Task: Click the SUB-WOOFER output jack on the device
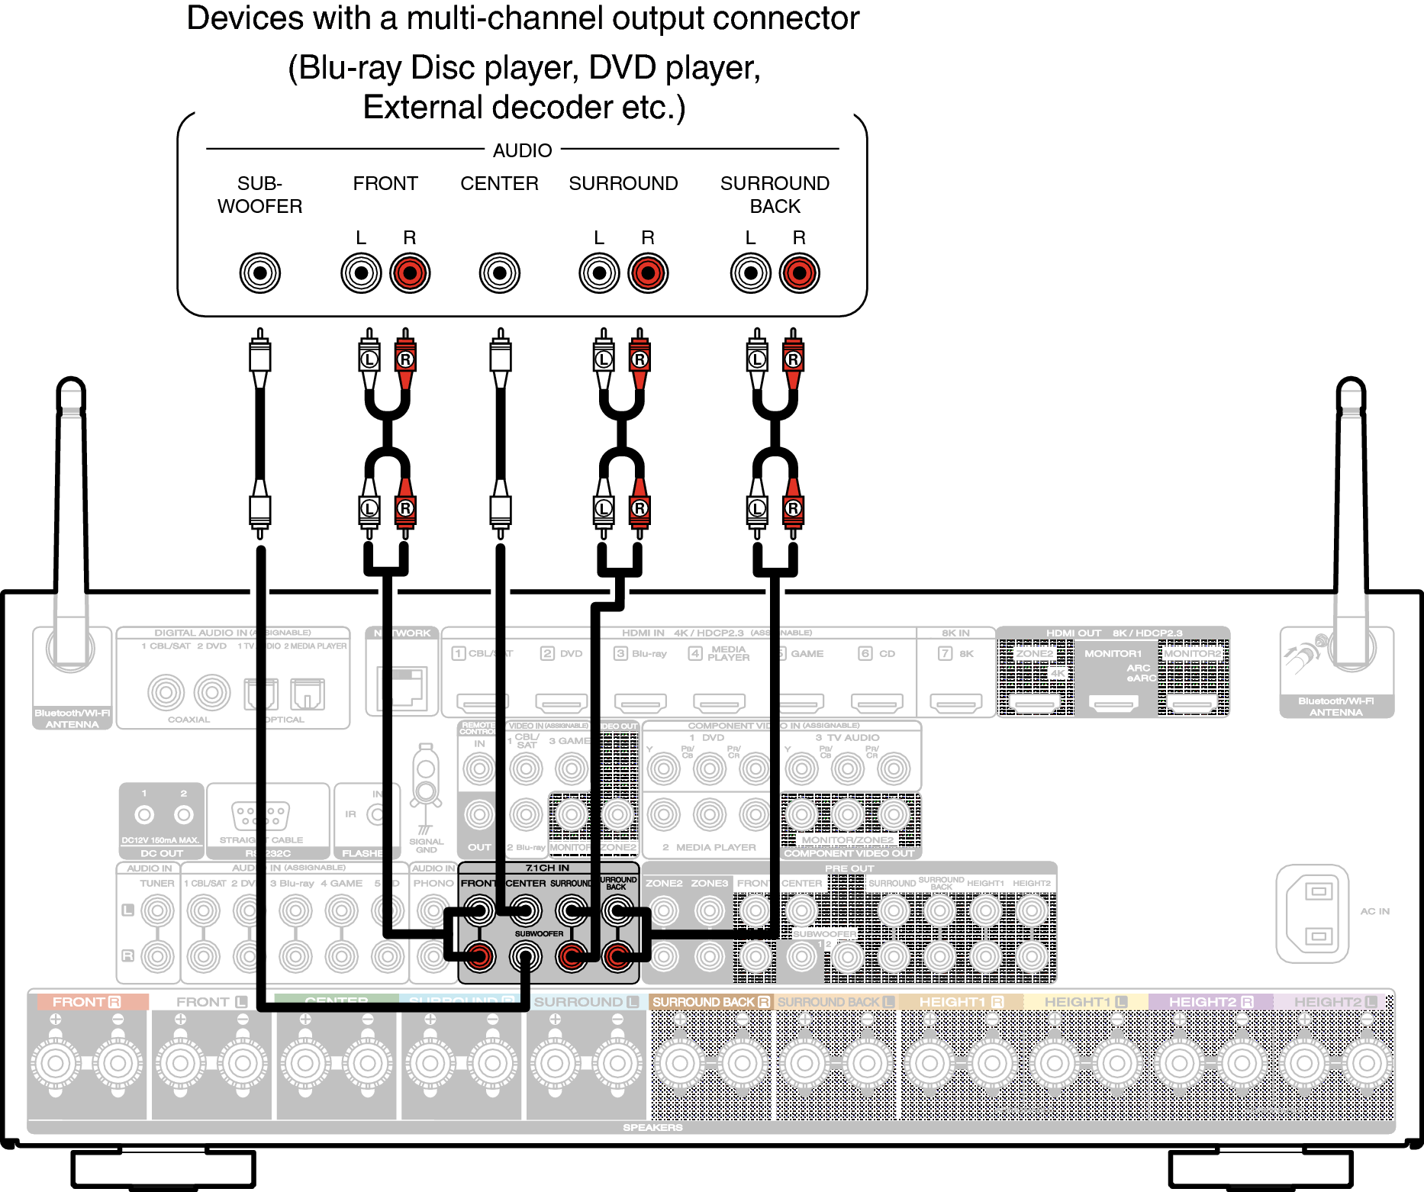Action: tap(260, 272)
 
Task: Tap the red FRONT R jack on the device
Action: tap(410, 272)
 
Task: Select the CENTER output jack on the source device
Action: tap(500, 272)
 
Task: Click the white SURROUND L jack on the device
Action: tap(599, 272)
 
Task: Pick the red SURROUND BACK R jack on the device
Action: tap(799, 272)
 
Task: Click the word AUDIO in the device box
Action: tap(522, 150)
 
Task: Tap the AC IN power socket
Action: tap(1313, 913)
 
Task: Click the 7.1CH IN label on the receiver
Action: tap(547, 868)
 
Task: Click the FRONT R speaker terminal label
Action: tap(86, 1002)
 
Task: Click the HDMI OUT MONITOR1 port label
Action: tap(1113, 653)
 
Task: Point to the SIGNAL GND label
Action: tap(426, 846)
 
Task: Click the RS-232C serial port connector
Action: tap(260, 816)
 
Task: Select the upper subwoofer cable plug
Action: tap(260, 359)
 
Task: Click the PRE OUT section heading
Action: tap(849, 868)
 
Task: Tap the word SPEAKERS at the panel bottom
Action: tap(652, 1127)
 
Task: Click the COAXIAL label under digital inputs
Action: tap(188, 719)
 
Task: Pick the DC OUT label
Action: tap(162, 853)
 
